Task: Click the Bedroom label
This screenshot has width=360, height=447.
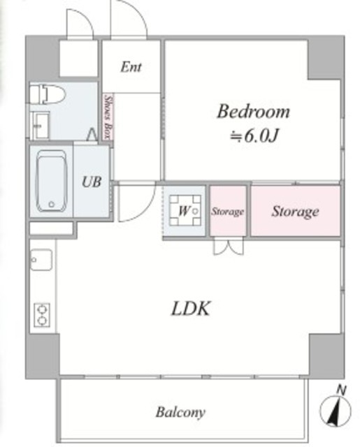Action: click(253, 112)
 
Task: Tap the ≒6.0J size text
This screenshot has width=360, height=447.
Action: click(254, 137)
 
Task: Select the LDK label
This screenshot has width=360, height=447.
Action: click(191, 308)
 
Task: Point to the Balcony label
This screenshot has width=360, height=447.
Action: click(180, 412)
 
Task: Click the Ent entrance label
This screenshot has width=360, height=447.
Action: click(131, 67)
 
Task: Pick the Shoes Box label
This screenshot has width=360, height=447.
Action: click(108, 117)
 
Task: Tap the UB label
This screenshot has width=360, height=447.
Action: click(92, 182)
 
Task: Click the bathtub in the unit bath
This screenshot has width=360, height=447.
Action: click(51, 182)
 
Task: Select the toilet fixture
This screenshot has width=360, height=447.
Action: click(48, 94)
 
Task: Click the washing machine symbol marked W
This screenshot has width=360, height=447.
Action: click(185, 210)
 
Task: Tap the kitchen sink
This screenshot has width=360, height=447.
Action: click(41, 260)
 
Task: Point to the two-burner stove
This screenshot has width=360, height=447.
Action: click(42, 315)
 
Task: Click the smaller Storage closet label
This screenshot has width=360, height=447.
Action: click(228, 212)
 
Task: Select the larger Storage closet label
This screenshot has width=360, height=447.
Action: click(295, 212)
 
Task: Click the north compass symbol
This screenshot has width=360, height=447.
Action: click(335, 411)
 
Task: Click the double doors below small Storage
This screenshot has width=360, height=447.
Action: click(229, 245)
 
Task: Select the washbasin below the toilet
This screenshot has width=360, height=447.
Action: click(39, 126)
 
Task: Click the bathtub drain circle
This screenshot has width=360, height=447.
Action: click(51, 204)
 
